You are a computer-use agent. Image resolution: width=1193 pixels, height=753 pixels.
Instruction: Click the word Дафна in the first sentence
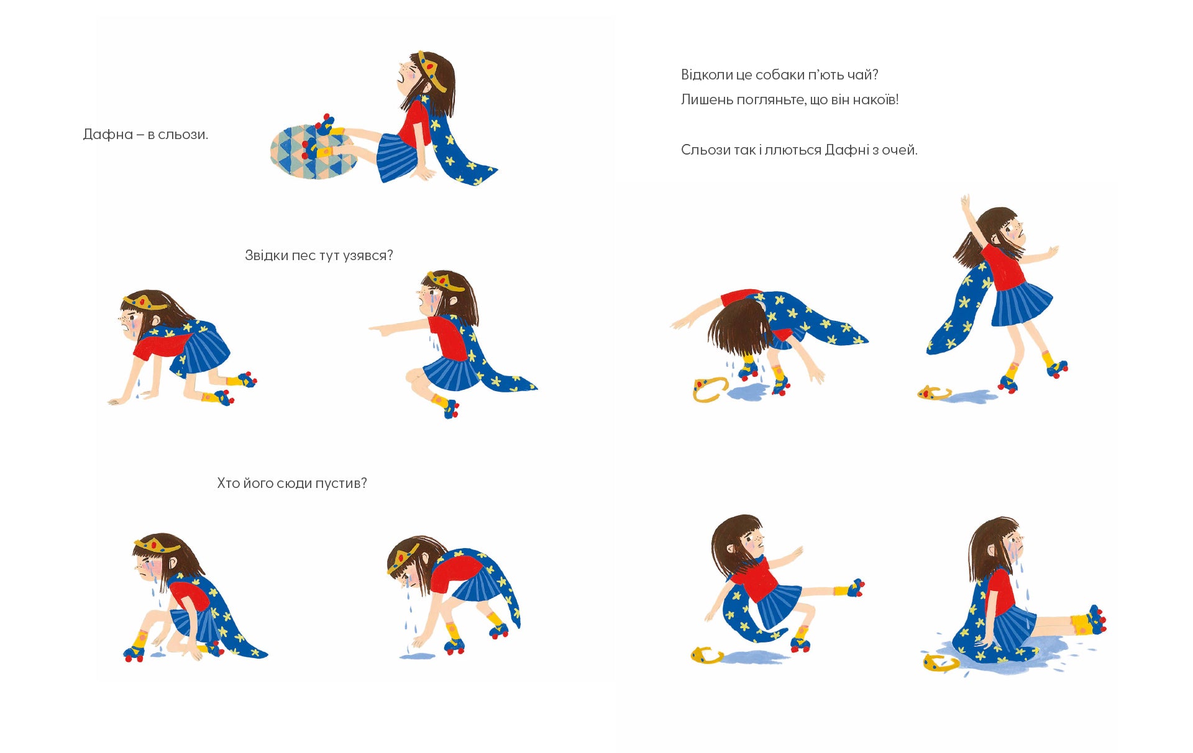[108, 134]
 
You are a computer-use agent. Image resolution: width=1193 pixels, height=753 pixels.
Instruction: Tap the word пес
[303, 255]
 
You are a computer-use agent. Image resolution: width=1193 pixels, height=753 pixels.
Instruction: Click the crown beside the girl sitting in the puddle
[940, 663]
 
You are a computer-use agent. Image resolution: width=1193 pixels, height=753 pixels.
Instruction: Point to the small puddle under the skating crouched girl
[417, 655]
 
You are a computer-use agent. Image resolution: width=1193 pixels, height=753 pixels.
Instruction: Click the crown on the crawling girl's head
[145, 302]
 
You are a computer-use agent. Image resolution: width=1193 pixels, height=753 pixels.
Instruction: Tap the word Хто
[228, 483]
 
